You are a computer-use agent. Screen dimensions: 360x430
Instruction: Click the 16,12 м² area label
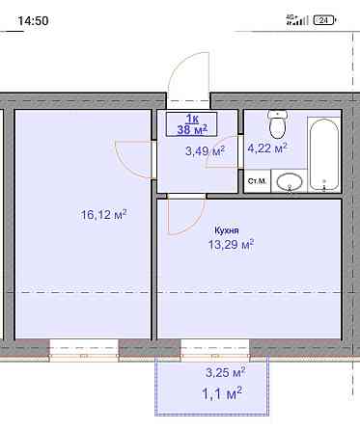[x=103, y=214]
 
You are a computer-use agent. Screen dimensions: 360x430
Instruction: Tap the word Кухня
[x=227, y=230]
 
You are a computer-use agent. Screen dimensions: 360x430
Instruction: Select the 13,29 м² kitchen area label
[x=231, y=245]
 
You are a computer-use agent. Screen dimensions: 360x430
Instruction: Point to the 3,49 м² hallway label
[x=205, y=150]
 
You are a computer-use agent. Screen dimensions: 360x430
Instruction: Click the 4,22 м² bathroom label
[x=267, y=148]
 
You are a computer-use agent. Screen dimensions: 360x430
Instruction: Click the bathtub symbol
[x=324, y=154]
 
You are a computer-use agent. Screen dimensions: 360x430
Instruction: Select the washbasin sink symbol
[x=290, y=182]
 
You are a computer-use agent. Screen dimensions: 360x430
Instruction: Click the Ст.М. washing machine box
[x=257, y=181]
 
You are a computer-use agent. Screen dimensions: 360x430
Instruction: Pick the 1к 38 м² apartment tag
[x=192, y=124]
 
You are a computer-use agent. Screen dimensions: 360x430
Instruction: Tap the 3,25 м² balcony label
[x=226, y=372]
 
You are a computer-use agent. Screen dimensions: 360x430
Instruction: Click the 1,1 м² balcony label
[x=222, y=393]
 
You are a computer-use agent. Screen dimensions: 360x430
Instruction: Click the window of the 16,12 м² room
[x=84, y=351]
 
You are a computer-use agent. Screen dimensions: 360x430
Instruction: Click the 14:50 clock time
[x=33, y=21]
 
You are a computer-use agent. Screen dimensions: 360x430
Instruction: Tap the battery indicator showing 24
[x=323, y=20]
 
